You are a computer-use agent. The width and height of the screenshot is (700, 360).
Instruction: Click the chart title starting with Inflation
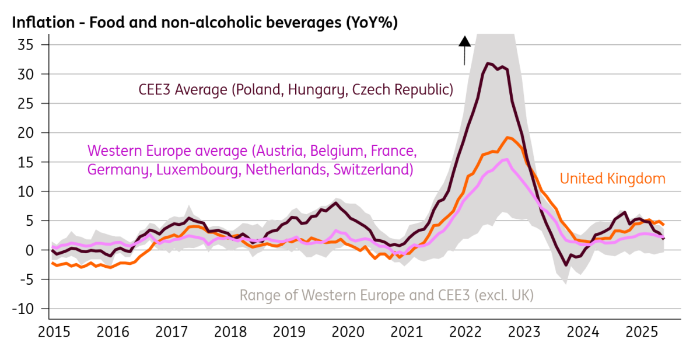pos(205,23)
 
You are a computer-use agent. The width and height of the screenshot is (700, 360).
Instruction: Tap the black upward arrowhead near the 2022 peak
pos(465,41)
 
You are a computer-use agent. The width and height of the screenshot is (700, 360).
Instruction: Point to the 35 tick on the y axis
pos(25,45)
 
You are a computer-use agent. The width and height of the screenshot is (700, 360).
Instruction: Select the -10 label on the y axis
pos(23,309)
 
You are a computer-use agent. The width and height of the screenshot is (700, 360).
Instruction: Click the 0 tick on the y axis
pos(29,250)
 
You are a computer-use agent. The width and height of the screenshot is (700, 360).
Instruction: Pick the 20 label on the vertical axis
pos(25,133)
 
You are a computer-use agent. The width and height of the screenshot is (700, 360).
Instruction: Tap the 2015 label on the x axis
pos(54,332)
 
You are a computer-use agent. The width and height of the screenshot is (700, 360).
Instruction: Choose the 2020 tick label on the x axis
pos(348,332)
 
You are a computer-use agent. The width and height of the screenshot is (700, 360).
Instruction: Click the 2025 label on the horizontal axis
pos(642,332)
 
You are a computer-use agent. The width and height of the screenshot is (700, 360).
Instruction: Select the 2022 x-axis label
pos(466,332)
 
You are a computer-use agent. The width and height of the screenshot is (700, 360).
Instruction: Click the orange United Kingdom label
pos(612,179)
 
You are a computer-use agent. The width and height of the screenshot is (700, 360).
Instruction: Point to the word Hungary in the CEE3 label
pos(317,90)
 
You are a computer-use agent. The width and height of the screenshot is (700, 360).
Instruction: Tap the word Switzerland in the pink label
pos(373,170)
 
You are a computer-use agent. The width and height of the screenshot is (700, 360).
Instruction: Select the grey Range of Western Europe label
pos(387,295)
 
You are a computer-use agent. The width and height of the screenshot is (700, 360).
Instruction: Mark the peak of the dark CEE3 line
pos(488,64)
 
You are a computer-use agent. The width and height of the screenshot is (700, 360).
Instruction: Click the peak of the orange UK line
pos(508,138)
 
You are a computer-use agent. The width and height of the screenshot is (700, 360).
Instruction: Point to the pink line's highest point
pos(506,160)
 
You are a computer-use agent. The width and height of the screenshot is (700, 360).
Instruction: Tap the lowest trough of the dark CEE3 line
pos(566,265)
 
